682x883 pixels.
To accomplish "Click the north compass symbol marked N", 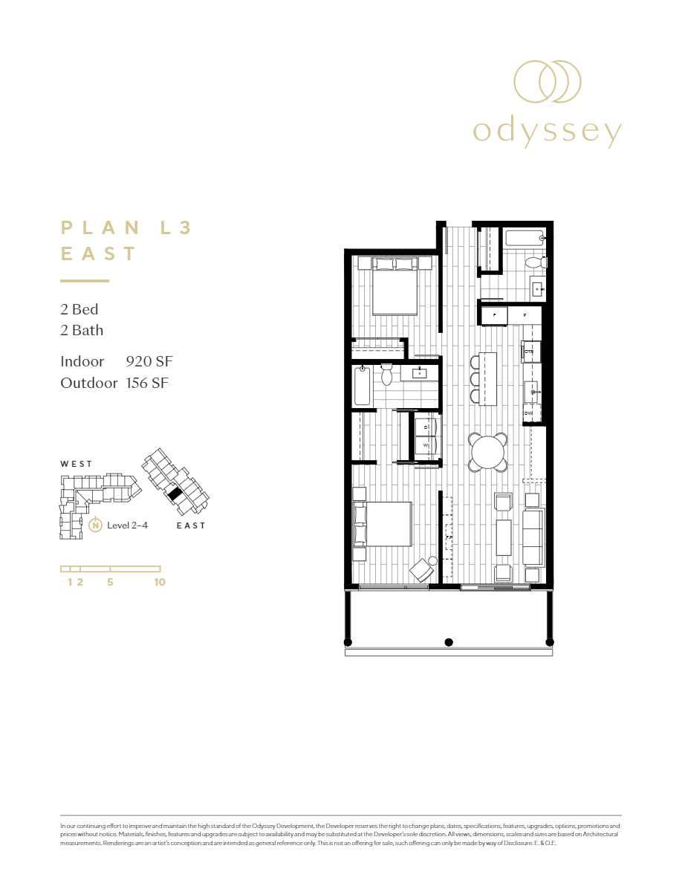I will (x=95, y=525).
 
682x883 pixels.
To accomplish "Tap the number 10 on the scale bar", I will (x=160, y=582).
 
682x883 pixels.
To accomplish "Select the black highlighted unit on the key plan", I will (x=175, y=493).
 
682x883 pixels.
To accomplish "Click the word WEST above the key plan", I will (x=77, y=464).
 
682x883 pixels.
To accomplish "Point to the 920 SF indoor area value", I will (x=149, y=362).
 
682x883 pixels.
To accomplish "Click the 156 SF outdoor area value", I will (x=149, y=383).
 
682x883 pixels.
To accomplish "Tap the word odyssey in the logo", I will (x=547, y=132).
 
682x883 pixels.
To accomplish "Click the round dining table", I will (x=488, y=452).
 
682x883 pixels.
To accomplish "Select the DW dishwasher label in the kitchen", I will (x=528, y=413).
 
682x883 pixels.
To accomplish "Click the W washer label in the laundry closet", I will (x=426, y=445).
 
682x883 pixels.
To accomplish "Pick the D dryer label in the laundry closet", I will (x=426, y=427).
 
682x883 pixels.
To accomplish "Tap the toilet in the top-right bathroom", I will (x=534, y=262).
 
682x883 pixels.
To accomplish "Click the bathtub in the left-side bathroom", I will (x=362, y=386).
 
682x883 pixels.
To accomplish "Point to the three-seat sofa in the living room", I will (x=533, y=537).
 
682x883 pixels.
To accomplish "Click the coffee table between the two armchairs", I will (x=503, y=537).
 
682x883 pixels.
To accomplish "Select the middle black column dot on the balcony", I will (x=448, y=641).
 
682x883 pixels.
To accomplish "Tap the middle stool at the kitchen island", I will (x=475, y=379).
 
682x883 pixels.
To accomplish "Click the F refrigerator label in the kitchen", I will (x=493, y=315).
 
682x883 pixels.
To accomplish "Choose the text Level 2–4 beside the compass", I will (x=128, y=525).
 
